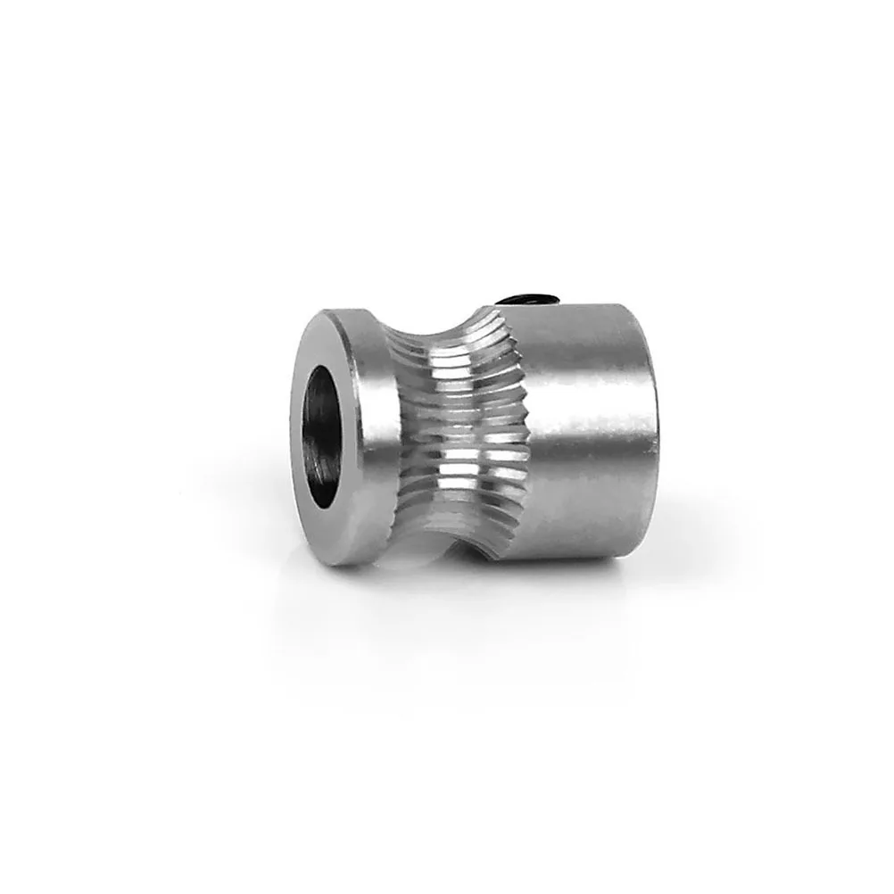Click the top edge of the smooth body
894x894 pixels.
589,309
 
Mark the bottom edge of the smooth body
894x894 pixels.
580,553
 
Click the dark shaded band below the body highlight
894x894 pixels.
589,500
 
